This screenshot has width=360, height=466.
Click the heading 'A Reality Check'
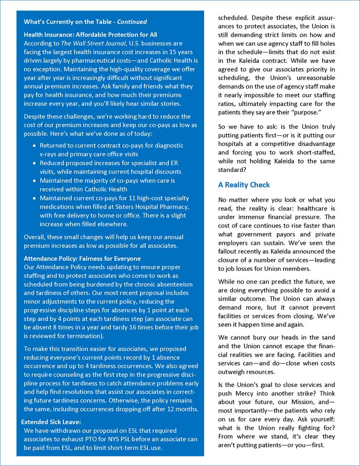[244, 185]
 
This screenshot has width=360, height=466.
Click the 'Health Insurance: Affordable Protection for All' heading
[90, 34]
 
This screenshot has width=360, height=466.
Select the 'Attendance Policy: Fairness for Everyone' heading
[82, 259]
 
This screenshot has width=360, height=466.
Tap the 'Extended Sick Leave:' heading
[50, 422]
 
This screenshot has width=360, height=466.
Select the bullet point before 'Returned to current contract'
[35, 145]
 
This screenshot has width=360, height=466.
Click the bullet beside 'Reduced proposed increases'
[35, 163]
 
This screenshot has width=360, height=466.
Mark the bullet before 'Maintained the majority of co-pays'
[35, 181]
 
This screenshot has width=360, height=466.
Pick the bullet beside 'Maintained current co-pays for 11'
[35, 198]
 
